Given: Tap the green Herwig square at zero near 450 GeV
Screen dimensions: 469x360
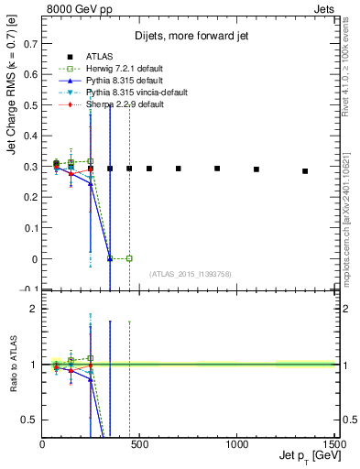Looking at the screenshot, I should [129, 258].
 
